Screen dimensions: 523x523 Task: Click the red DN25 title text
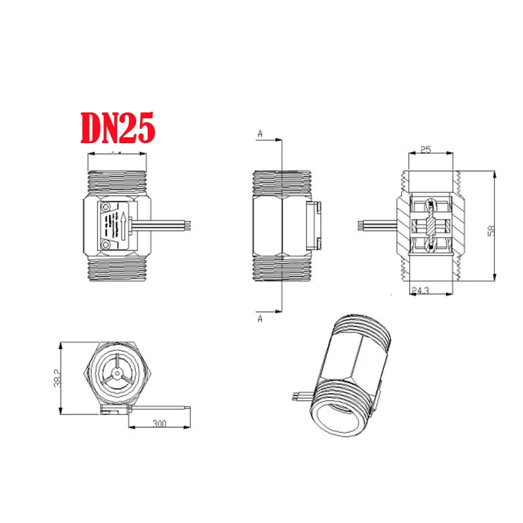coord(118,128)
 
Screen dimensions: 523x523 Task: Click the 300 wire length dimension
coord(159,424)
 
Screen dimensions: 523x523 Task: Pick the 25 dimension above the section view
coord(426,150)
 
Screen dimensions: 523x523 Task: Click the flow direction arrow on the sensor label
coord(122,226)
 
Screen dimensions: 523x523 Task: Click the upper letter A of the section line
coord(260,134)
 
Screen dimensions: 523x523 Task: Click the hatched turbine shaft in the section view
coord(431,226)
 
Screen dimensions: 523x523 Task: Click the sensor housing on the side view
coord(314,225)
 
